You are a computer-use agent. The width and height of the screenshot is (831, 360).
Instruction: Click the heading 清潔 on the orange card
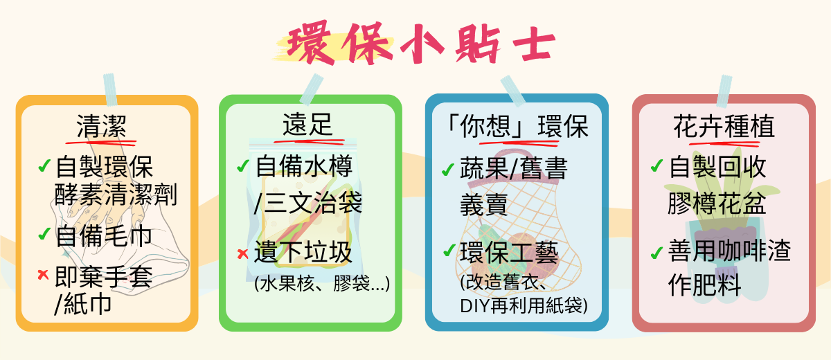(x=102, y=127)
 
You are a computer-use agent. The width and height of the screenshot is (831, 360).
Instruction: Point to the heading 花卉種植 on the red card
(x=724, y=127)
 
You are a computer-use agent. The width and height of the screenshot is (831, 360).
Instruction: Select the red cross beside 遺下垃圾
(x=242, y=253)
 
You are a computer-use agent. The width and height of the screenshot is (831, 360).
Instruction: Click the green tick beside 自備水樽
(x=243, y=166)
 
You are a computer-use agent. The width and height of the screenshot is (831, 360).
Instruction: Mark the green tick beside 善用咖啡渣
(x=656, y=253)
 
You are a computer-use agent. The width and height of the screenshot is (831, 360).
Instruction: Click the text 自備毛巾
(x=103, y=236)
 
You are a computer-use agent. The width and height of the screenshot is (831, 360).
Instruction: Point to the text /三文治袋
(x=307, y=204)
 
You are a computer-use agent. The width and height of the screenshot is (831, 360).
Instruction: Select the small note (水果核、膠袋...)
(x=322, y=284)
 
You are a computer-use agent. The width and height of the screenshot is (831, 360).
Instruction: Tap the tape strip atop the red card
(x=724, y=91)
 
